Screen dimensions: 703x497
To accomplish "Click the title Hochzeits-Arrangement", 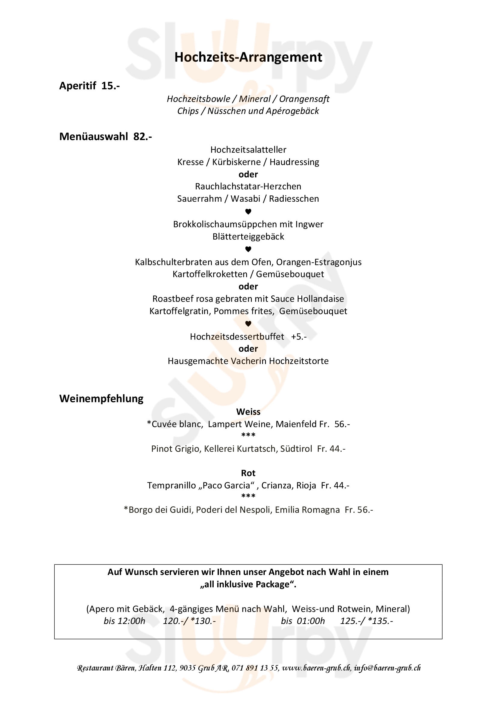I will point(248,57).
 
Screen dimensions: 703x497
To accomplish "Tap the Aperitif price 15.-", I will point(111,86).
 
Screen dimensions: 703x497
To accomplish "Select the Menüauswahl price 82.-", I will point(142,136).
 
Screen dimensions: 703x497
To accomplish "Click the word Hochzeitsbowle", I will point(198,99).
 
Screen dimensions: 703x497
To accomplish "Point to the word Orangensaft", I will point(304,99).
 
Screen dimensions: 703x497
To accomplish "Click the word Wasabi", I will point(245,199).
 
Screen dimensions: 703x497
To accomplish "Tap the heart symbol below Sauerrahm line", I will point(248,212).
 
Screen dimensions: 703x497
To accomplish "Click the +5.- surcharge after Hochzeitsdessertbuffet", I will point(299,337).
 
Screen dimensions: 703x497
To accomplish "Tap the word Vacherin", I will point(248,361).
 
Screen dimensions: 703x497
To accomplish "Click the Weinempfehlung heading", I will point(101,399).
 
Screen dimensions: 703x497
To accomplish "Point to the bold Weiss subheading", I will point(248,412).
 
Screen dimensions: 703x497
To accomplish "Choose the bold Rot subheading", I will point(248,473).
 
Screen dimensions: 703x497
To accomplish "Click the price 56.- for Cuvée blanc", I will point(342,424).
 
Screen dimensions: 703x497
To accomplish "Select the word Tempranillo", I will point(171,485).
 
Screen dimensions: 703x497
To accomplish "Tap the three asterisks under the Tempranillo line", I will point(248,496).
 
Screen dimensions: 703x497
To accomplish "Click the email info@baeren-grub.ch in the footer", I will point(387,668).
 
